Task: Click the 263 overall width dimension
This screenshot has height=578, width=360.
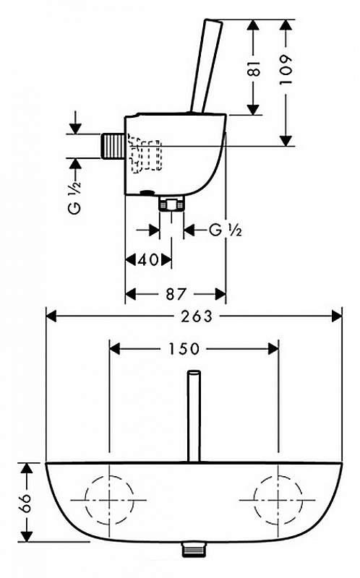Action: coord(197,316)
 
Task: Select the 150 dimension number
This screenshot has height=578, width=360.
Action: coord(184,349)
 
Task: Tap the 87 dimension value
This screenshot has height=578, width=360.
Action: coord(175,294)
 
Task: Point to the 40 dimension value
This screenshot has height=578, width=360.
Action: coord(149,260)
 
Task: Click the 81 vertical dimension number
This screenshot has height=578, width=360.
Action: coord(254,69)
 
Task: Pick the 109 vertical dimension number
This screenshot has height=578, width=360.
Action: coord(286,70)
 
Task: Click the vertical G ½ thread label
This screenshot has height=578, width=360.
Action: coord(74,197)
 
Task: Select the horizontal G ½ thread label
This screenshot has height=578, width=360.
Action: coord(226,230)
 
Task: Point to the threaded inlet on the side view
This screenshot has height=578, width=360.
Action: coord(113,147)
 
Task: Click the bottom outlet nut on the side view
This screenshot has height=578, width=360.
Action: coord(171,204)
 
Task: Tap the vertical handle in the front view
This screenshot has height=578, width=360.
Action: coord(194,416)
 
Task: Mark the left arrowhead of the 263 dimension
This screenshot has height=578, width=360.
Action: coord(51,316)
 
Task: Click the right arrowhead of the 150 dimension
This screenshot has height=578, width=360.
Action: coord(273,349)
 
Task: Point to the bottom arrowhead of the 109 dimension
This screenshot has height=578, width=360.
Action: coord(286,141)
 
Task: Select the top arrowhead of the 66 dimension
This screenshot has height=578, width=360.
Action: coord(26,467)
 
